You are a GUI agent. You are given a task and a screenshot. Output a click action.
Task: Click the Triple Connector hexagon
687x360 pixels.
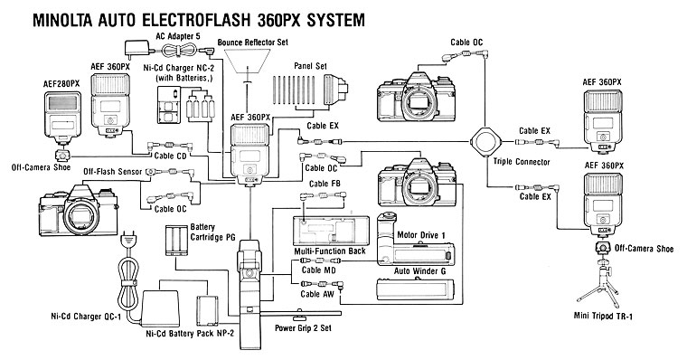485,142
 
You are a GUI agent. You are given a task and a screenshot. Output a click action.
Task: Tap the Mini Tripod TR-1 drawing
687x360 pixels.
600,283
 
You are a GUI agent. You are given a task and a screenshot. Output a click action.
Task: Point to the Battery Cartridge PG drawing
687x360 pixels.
177,241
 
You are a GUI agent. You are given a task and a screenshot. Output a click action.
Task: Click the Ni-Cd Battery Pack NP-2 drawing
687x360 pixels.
207,310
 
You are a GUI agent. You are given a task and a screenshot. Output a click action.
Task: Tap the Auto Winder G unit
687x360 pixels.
415,289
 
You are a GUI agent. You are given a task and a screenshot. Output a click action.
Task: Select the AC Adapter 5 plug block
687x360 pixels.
136,48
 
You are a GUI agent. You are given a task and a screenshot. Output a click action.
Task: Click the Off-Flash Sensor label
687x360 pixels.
113,171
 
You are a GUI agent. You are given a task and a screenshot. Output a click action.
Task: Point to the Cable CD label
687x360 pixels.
171,156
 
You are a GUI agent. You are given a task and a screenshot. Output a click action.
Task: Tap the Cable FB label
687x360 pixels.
325,184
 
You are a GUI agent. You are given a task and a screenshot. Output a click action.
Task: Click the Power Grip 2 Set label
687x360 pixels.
303,328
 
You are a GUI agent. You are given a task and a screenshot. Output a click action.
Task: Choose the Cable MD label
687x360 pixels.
318,270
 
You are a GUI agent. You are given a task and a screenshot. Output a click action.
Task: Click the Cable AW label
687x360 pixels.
317,294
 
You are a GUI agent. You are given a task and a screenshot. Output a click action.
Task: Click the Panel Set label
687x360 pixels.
310,66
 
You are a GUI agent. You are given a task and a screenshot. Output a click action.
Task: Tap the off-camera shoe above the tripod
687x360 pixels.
603,248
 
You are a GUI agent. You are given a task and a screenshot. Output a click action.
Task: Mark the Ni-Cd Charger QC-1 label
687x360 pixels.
86,317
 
